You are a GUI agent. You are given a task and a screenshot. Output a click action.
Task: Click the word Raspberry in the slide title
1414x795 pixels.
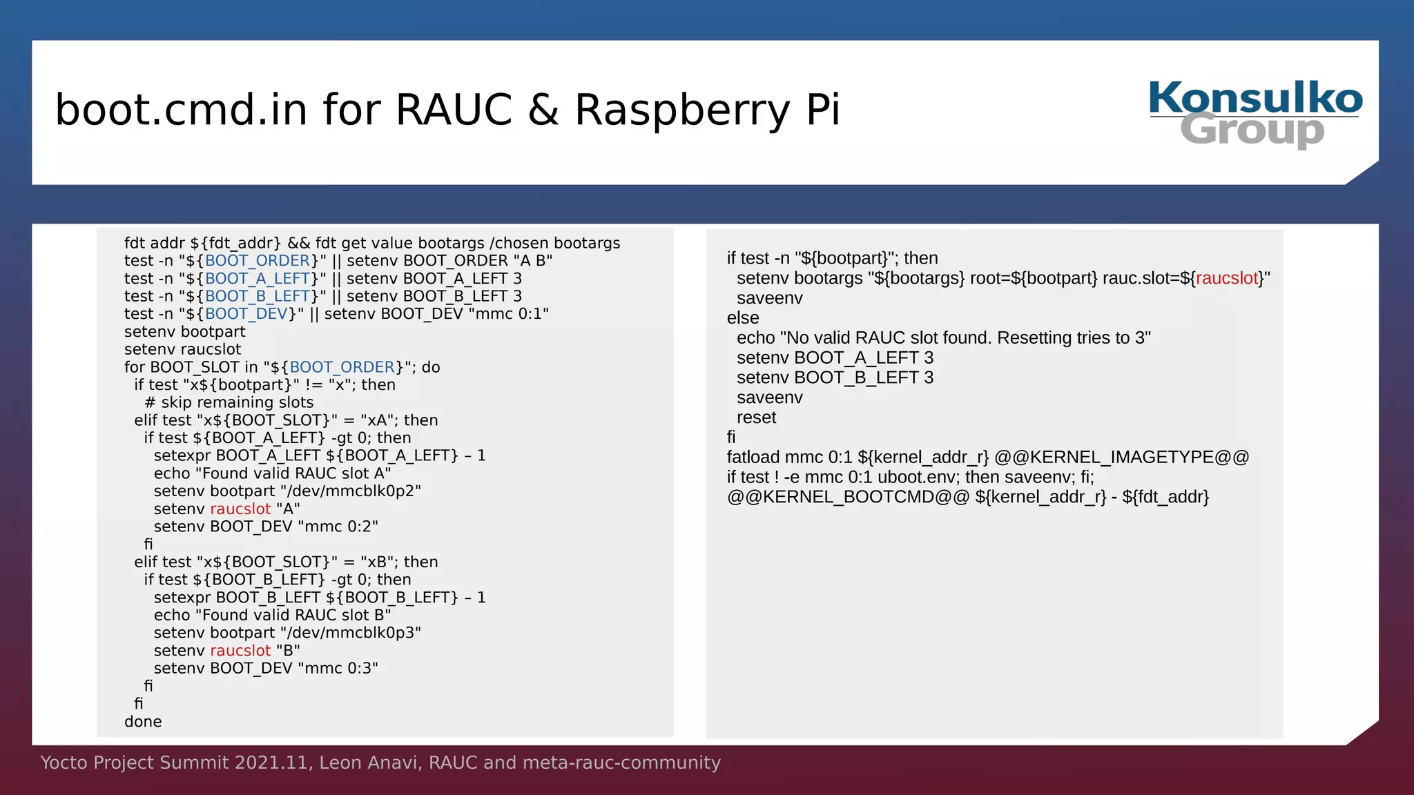681,110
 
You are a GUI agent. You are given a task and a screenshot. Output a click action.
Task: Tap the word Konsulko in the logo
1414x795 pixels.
1255,98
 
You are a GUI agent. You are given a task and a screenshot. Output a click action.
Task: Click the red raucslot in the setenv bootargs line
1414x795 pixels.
1227,278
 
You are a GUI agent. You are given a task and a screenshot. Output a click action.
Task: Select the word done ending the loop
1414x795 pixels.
143,722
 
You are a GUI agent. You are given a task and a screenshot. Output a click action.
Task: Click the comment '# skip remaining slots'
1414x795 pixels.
229,402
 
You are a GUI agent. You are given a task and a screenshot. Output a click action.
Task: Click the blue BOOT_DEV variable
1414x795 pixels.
246,314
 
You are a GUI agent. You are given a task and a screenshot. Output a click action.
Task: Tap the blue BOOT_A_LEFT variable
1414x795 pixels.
257,279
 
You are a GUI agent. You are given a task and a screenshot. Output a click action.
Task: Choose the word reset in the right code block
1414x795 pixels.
756,418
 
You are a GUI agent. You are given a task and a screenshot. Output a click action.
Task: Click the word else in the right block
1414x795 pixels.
742,318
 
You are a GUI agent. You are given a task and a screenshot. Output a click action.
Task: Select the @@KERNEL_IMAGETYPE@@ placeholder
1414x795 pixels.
1122,458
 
